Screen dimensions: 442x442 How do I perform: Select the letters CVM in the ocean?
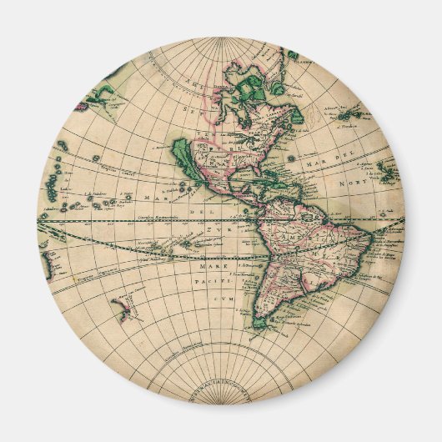pyautogui.click(x=222, y=297)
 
